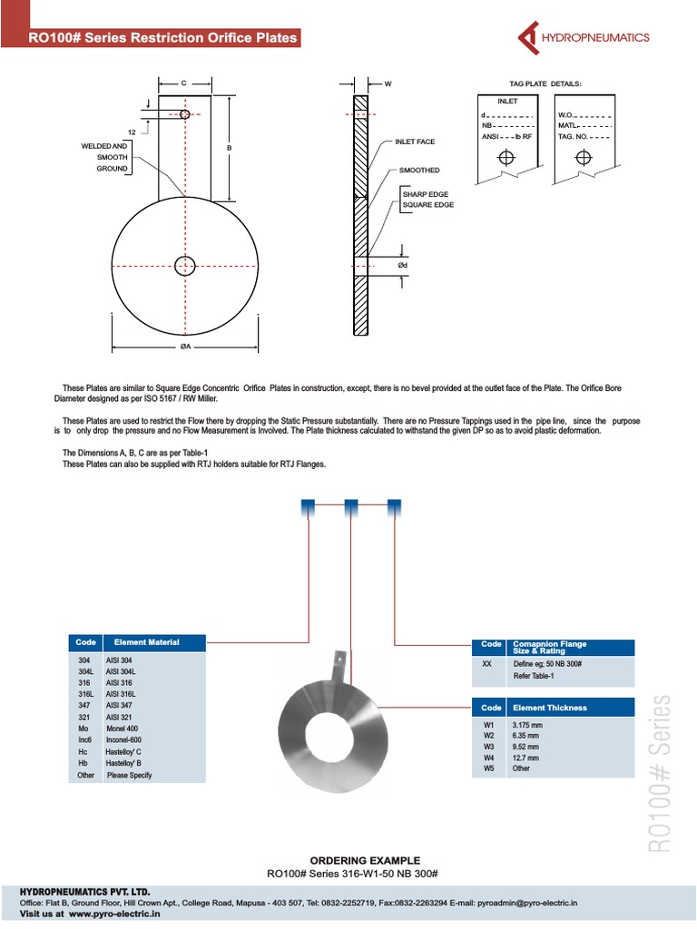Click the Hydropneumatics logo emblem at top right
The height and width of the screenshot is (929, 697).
coord(529,37)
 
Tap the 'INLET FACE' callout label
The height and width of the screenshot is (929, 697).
coord(415,142)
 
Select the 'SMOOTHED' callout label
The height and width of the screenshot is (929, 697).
coord(419,170)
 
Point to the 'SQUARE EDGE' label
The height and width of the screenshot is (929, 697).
coord(428,205)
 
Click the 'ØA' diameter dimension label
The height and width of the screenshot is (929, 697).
coord(184,347)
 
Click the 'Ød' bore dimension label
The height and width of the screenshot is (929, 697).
coord(403,264)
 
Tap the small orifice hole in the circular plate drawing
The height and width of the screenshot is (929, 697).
coord(184,266)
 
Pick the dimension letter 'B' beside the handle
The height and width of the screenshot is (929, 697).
coord(230,147)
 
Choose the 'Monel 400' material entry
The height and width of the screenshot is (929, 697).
coord(122,729)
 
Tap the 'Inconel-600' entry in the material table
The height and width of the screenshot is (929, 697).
coord(125,740)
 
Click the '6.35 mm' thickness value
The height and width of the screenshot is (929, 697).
coord(527,735)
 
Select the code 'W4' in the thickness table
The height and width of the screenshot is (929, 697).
coord(489,757)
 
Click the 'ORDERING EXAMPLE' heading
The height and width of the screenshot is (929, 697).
coord(365,860)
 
